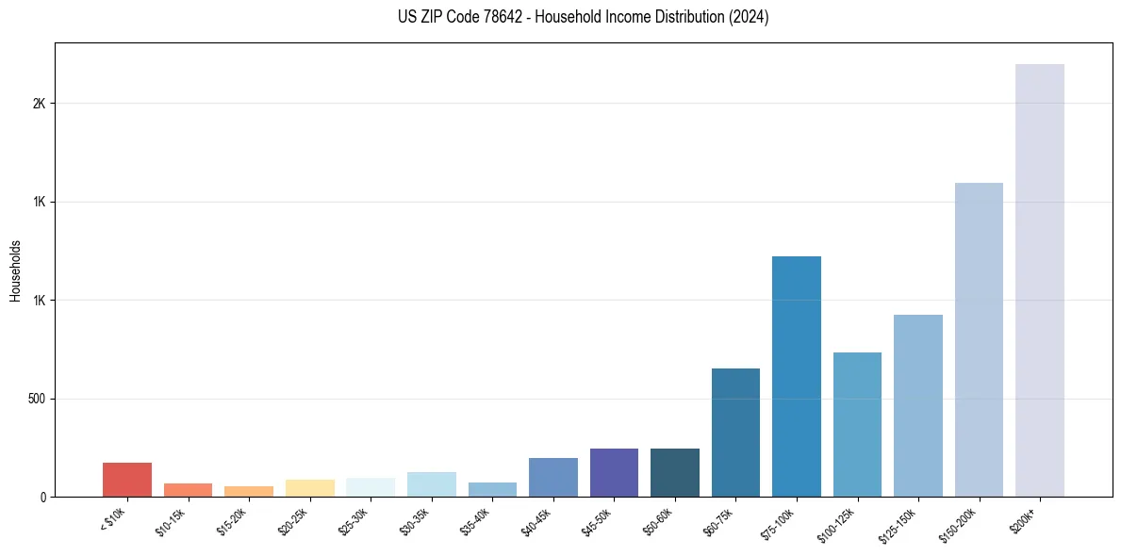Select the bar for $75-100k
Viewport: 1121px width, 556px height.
click(796, 376)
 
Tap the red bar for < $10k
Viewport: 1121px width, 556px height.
click(127, 480)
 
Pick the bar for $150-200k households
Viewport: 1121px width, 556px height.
click(979, 339)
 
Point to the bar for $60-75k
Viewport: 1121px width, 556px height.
click(735, 433)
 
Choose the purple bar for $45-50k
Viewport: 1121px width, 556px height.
click(614, 472)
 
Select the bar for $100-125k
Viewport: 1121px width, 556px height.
click(857, 424)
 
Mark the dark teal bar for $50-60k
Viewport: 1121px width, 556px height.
click(674, 472)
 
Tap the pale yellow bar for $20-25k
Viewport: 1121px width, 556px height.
click(309, 488)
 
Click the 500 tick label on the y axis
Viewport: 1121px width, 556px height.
click(37, 399)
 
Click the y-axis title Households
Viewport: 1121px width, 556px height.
click(15, 270)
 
